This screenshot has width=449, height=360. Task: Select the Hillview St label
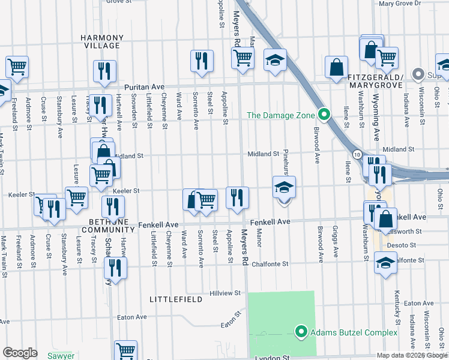(x=226, y=293)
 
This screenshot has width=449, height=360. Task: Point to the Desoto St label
(x=402, y=245)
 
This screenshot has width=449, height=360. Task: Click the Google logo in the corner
(x=20, y=352)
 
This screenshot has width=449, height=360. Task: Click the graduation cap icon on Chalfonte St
(x=385, y=262)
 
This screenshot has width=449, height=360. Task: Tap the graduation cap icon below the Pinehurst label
(x=285, y=188)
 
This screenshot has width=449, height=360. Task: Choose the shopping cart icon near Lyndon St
(x=126, y=350)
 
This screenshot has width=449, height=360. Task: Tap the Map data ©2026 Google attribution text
(x=412, y=355)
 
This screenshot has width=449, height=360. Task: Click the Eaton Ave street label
(x=132, y=317)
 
